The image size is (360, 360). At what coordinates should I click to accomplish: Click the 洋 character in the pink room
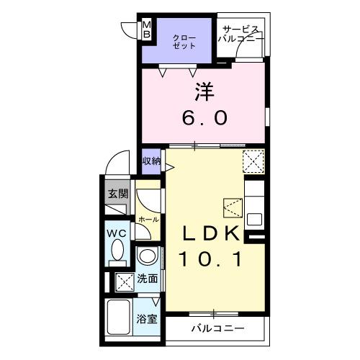204,91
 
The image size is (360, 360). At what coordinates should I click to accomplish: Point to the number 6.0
204,117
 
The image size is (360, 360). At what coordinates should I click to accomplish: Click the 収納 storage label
151,161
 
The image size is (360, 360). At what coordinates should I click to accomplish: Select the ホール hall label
148,217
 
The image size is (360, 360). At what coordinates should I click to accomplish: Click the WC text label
117,234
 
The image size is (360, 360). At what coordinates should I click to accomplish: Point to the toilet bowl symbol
118,253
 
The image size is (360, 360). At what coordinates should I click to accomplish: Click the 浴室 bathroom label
148,319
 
